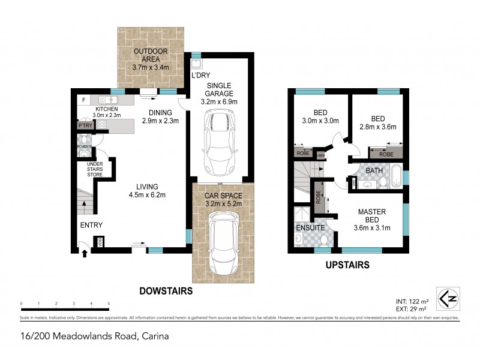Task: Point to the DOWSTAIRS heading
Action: (x=166, y=291)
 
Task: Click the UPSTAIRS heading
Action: (x=348, y=264)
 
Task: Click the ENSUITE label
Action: (x=310, y=228)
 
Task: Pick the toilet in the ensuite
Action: (x=323, y=241)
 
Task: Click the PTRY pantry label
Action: (x=84, y=126)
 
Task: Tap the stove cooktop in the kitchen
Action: (x=102, y=125)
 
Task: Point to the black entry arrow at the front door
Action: (x=84, y=253)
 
